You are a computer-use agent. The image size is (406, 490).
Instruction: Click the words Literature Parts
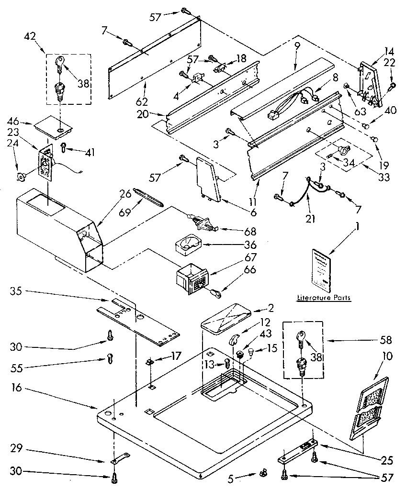tap(323, 298)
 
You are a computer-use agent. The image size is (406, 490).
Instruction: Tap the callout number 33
tap(383, 178)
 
